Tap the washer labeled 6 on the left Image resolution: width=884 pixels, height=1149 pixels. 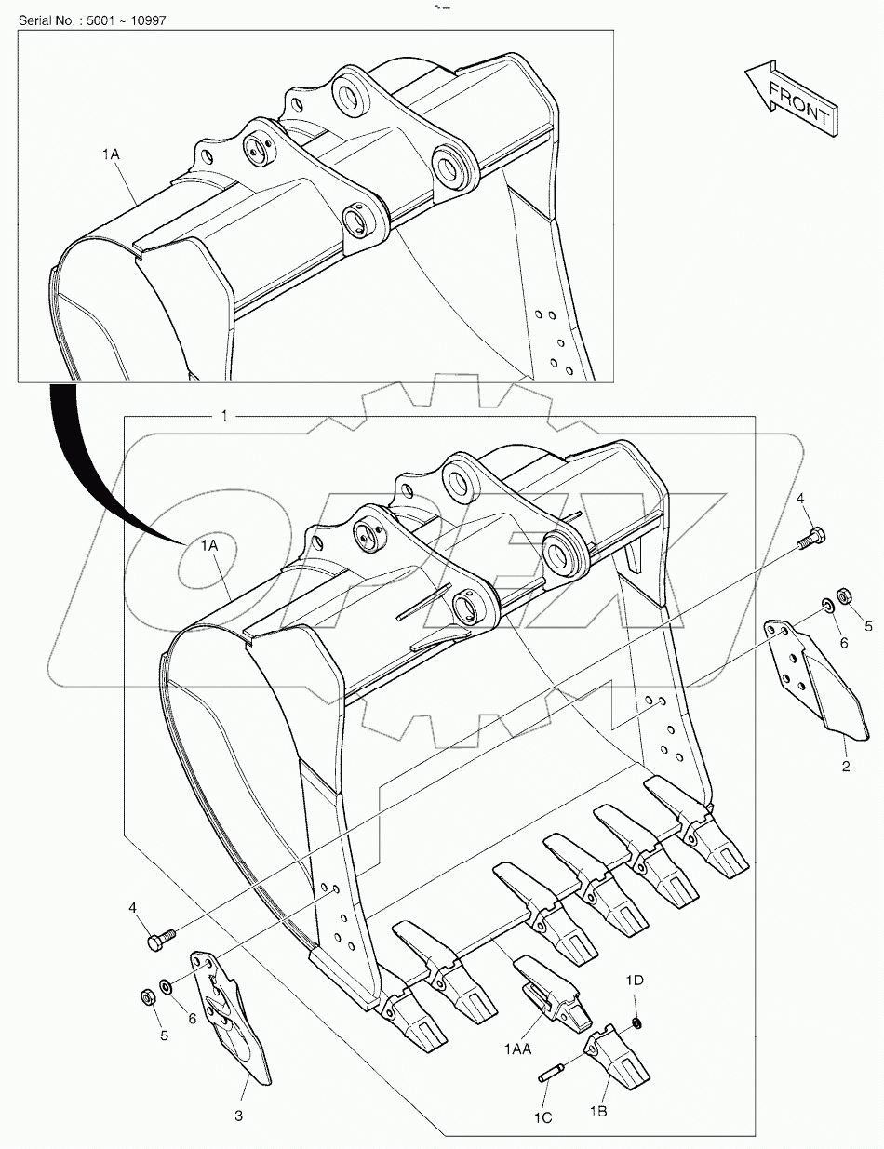click(165, 985)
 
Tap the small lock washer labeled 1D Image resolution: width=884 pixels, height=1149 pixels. click(636, 1023)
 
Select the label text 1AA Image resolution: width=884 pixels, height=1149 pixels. click(519, 1049)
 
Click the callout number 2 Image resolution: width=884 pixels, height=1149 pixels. click(845, 767)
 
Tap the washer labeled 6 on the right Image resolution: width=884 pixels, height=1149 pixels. click(826, 607)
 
